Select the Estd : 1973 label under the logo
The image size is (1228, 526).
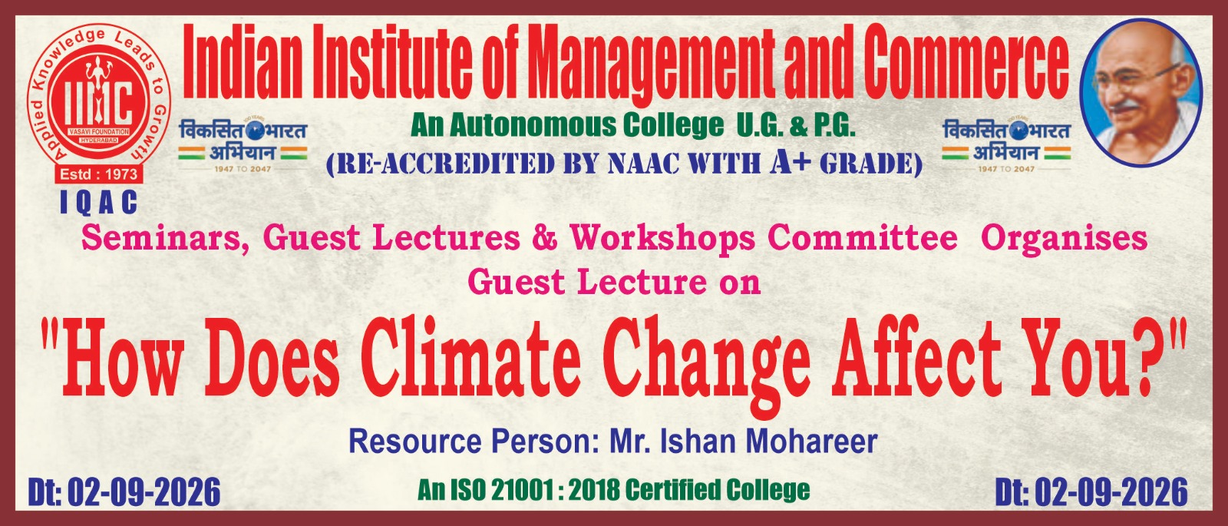[99, 174]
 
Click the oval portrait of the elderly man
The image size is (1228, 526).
[1141, 92]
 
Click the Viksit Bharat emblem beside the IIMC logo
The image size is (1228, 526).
[243, 144]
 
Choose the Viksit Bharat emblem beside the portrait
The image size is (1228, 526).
[1006, 144]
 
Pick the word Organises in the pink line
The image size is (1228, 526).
[1064, 239]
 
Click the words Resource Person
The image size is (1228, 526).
[470, 442]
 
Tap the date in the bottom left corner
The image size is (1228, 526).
[124, 492]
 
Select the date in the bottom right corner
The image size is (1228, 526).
[1091, 492]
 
